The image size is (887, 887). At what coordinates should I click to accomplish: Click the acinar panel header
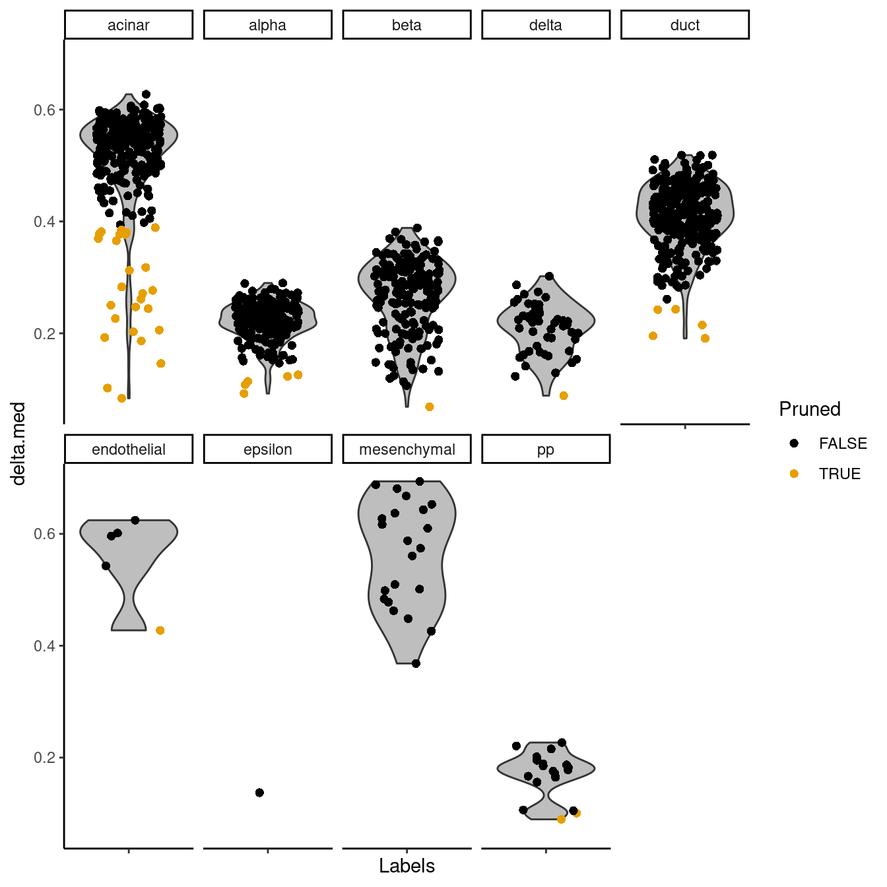point(129,25)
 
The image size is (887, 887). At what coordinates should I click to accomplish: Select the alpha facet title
point(267,25)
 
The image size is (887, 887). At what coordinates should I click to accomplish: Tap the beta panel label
point(407,25)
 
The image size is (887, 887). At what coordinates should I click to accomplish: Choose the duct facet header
point(685,25)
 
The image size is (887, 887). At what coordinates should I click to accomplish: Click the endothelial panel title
point(129,449)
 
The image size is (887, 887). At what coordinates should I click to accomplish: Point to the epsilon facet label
point(267,449)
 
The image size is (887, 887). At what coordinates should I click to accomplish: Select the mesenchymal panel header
point(407,449)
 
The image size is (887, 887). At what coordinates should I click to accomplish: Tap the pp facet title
point(546,449)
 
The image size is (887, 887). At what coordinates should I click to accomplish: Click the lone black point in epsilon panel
point(259,793)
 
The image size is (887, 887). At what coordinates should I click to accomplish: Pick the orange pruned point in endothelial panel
point(160,631)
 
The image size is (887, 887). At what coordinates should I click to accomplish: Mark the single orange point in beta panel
point(430,407)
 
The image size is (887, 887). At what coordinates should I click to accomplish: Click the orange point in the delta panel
point(564,396)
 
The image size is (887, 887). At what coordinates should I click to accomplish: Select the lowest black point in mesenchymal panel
point(416,663)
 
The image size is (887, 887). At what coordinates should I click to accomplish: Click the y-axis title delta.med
point(18,443)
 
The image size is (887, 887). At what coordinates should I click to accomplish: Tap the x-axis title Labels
point(407,866)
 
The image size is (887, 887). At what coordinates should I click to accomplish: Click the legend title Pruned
point(810,409)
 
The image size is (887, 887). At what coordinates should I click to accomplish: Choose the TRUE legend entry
point(839,474)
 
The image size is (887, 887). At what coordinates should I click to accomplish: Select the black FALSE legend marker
point(794,443)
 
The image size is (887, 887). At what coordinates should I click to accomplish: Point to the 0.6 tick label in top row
point(44,110)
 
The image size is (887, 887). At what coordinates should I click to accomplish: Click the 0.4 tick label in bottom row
point(44,646)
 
